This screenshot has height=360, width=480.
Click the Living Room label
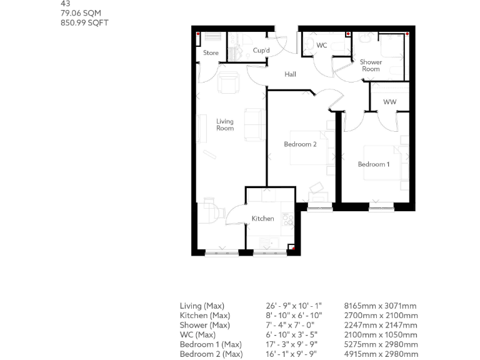(225, 125)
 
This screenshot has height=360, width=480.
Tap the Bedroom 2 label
(301, 144)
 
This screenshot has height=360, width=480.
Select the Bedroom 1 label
(373, 164)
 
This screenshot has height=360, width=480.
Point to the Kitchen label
(262, 219)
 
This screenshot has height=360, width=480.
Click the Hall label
(290, 74)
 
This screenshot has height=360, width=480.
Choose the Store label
(211, 53)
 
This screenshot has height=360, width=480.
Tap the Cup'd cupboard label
(261, 51)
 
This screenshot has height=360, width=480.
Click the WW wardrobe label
(389, 102)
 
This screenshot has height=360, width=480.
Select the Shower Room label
(371, 66)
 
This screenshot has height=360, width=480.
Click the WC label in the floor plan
(322, 46)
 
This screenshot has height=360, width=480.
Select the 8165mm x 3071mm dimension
(380, 306)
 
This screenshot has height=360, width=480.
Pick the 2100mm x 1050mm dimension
(380, 335)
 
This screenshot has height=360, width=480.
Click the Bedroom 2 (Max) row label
(211, 354)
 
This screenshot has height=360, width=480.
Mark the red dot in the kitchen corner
(291, 248)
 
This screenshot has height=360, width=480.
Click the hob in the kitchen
(289, 219)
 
